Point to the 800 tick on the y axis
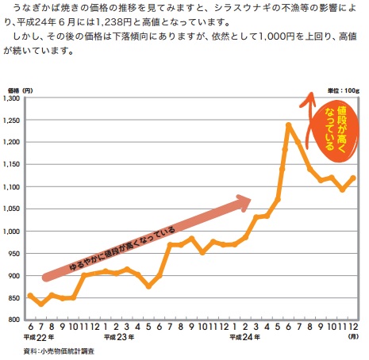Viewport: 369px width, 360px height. (16, 320)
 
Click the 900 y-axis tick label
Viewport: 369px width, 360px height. (16, 276)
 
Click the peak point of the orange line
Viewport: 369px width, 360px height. (288, 124)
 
